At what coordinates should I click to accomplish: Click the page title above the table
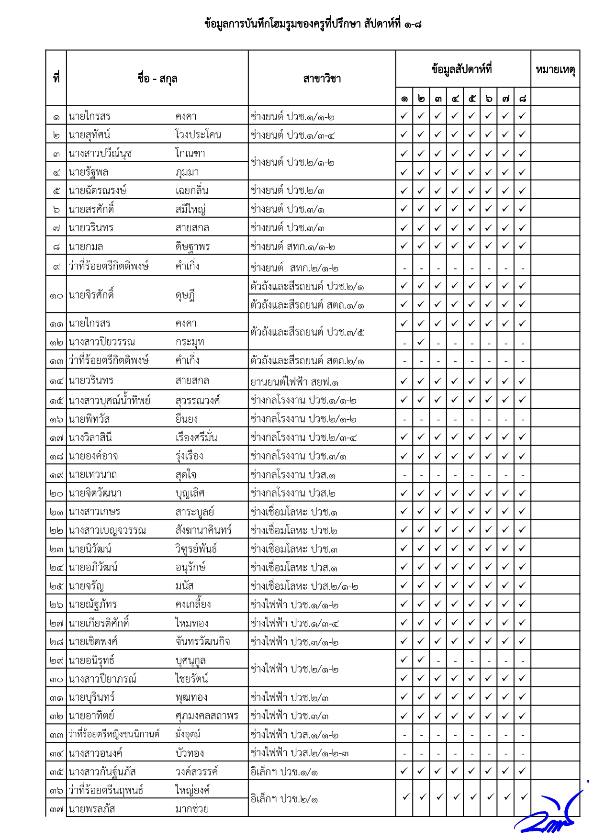(x=312, y=24)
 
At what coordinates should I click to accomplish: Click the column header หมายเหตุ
(x=555, y=70)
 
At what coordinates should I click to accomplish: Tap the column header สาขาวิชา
(x=322, y=78)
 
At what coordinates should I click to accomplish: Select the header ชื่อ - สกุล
(x=157, y=78)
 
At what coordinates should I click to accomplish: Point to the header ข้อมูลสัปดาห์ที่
(x=462, y=69)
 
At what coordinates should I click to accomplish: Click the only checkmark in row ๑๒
(x=421, y=342)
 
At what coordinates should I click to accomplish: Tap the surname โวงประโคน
(x=198, y=135)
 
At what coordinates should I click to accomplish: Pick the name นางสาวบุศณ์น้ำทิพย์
(x=110, y=400)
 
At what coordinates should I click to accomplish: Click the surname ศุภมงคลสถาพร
(x=207, y=716)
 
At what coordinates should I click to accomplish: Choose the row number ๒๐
(x=56, y=493)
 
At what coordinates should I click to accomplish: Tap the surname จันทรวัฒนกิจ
(x=202, y=641)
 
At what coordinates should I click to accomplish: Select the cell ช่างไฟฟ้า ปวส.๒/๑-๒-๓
(x=299, y=753)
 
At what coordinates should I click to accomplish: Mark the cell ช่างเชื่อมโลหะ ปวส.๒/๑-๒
(x=304, y=586)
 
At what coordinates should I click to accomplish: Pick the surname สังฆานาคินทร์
(x=203, y=530)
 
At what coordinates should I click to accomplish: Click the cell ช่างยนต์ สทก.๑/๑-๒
(x=292, y=247)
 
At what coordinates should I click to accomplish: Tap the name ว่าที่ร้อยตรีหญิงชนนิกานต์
(x=114, y=734)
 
